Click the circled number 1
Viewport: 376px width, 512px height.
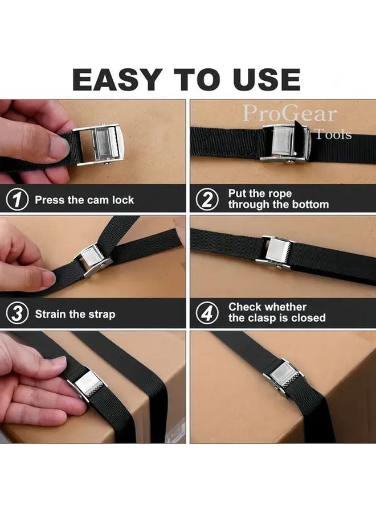[x=18, y=200]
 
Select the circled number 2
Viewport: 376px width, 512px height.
[x=208, y=200]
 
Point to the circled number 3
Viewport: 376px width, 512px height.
[x=18, y=314]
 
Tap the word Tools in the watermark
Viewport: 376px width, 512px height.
[x=333, y=135]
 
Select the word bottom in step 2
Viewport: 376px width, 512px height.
[x=308, y=205]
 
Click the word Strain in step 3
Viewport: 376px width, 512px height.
[x=52, y=314]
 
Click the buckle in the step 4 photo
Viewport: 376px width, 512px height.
[x=277, y=250]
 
